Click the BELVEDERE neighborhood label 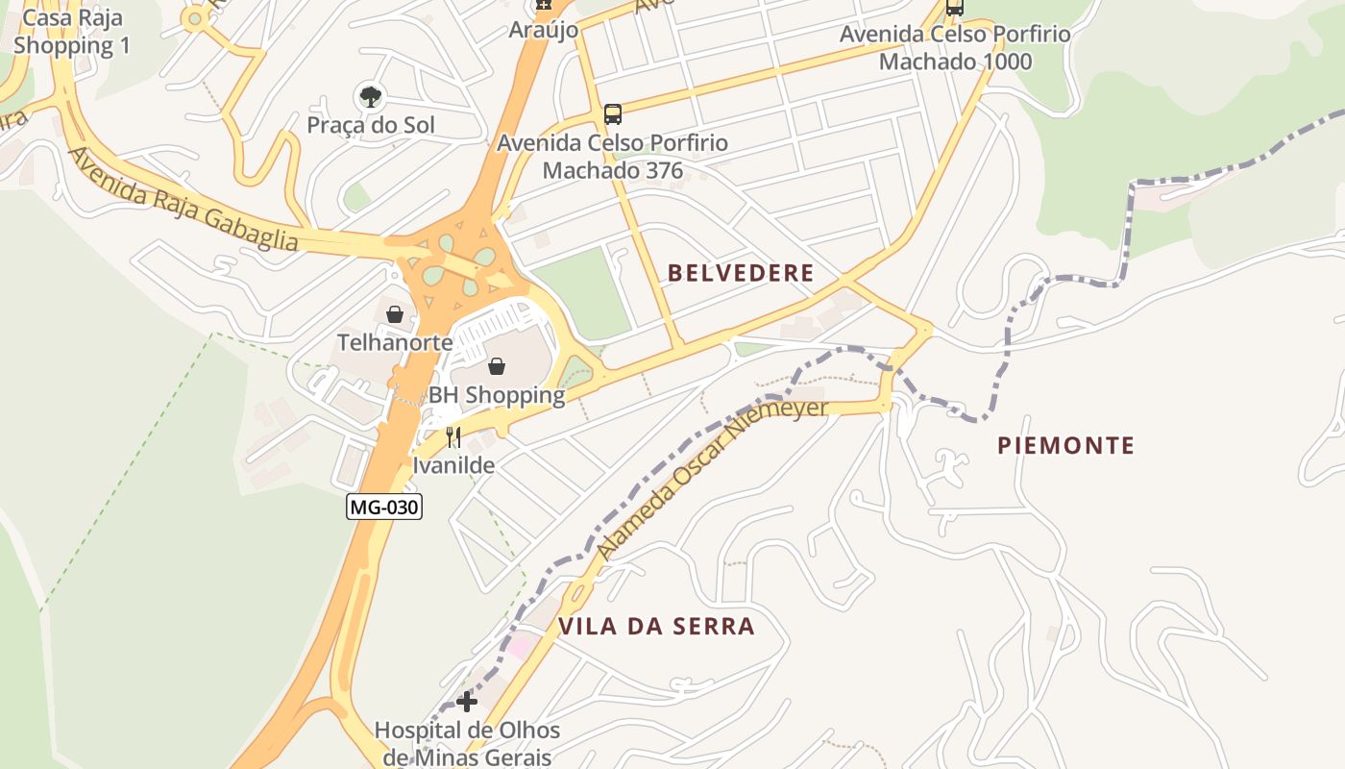(741, 273)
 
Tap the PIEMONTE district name (1065, 445)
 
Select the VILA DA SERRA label (656, 627)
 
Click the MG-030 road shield (384, 507)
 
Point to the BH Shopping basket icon (497, 366)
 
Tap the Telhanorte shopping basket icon (394, 314)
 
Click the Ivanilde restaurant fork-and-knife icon (453, 438)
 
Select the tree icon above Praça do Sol (370, 96)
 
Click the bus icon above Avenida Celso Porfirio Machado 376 (613, 114)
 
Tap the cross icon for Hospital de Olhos (467, 701)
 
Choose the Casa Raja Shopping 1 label (72, 32)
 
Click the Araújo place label (544, 30)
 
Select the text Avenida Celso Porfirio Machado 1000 (955, 48)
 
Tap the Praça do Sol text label (371, 125)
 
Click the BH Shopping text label (496, 395)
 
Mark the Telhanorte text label (394, 342)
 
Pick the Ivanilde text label (453, 465)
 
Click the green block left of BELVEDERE (583, 291)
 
